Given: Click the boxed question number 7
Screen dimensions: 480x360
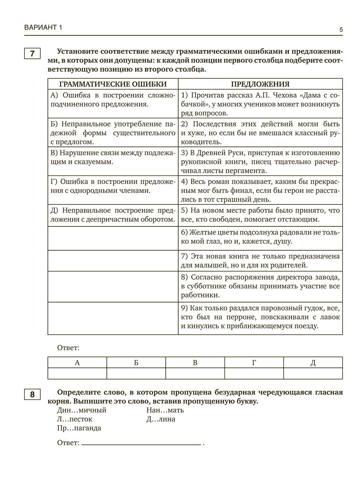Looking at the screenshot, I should point(32,54).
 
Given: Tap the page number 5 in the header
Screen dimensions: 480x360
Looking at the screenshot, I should point(341,29).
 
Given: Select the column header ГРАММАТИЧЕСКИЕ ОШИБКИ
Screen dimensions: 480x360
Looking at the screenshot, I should point(113,84).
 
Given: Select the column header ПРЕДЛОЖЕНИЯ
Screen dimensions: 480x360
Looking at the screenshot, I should point(260,84).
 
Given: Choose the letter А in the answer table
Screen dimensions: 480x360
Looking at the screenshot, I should point(77,363).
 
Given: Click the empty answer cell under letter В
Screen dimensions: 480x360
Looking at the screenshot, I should point(195,374).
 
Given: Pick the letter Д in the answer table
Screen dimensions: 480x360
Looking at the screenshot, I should point(313,363).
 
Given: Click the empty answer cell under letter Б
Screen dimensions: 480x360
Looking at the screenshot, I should point(136,374).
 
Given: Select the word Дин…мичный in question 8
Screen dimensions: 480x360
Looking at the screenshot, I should point(82,410).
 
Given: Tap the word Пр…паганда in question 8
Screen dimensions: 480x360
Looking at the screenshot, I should point(79,428).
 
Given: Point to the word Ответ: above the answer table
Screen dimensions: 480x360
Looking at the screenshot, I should point(68,348).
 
